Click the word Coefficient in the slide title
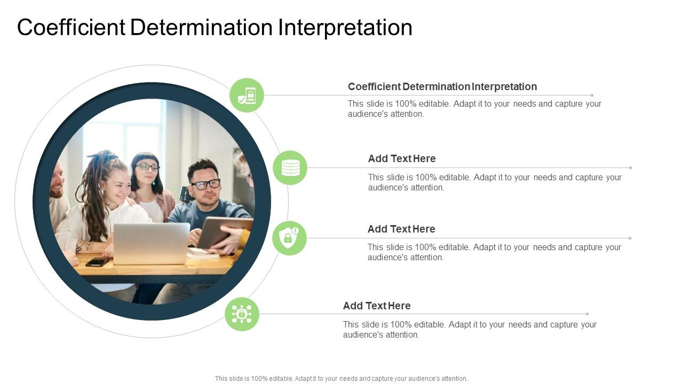(x=71, y=28)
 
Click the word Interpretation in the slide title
(x=345, y=28)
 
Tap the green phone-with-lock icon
(x=247, y=95)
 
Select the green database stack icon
(x=290, y=168)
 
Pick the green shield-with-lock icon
(x=289, y=238)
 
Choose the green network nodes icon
(x=242, y=314)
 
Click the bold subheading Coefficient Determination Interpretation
(x=442, y=86)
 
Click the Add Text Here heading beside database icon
(x=402, y=158)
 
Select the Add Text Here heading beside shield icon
(x=401, y=229)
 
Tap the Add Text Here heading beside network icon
(x=377, y=306)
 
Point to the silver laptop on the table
(x=152, y=243)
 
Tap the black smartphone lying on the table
(x=97, y=262)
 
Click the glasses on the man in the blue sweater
(x=206, y=184)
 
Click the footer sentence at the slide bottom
(x=341, y=379)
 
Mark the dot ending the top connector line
(x=592, y=95)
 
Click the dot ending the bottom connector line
(x=587, y=314)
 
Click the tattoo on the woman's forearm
(x=84, y=246)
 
